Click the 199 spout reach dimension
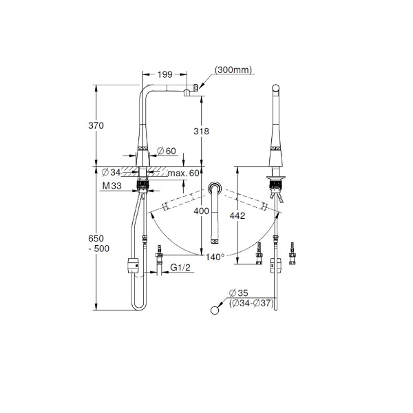point(165,74)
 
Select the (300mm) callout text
point(233,70)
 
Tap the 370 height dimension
point(96,125)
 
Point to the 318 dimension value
point(201,131)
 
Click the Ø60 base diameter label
point(167,151)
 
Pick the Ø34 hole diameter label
point(111,173)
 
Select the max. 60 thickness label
point(184,173)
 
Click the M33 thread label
point(112,186)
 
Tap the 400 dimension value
point(201,211)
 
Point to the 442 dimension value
point(237,215)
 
